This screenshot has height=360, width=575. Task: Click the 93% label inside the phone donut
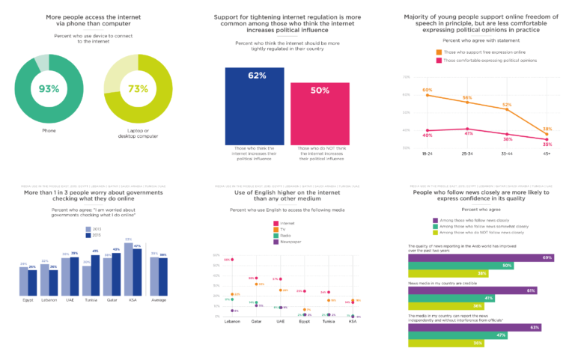pos(49,89)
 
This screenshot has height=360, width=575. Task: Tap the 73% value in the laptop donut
pos(138,89)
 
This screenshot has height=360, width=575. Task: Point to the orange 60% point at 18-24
pos(428,95)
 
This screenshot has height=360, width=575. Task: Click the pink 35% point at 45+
pos(547,139)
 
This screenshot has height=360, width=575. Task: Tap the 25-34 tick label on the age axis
pos(467,154)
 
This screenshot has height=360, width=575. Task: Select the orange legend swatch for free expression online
pos(439,52)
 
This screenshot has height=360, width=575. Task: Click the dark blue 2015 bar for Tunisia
pos(95,272)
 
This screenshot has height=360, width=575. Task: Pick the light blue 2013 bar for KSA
pos(129,267)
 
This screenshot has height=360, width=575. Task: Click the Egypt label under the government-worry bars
pos(28,299)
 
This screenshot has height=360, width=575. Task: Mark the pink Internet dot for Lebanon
pos(233,260)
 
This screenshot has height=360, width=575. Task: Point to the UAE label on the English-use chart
pos(280,321)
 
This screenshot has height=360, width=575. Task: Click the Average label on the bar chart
pos(159,299)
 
